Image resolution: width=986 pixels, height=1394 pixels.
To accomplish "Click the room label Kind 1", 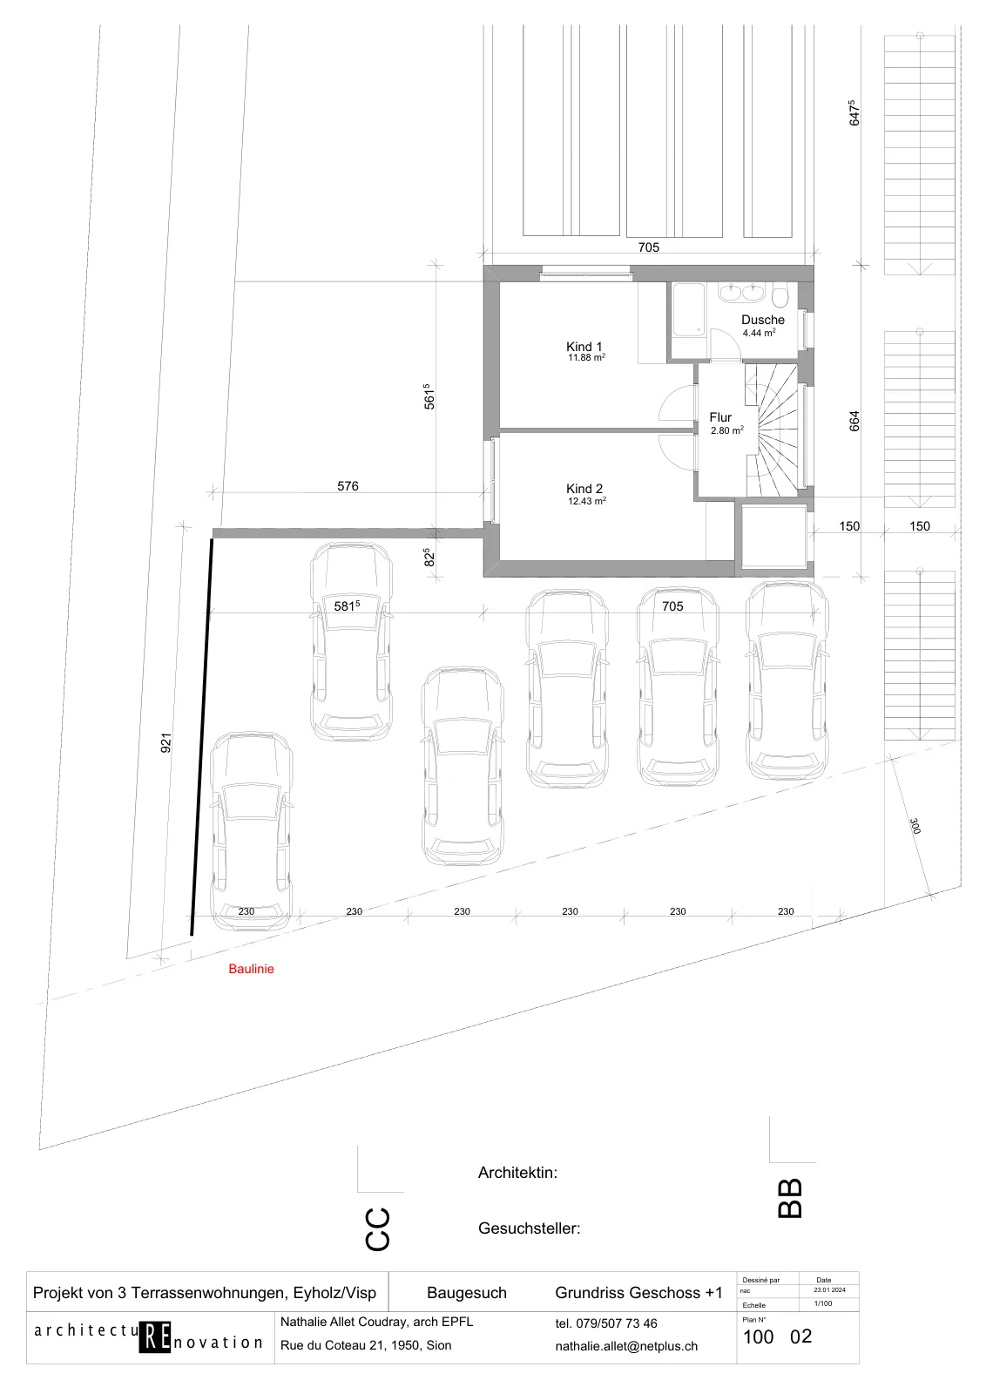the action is (584, 347).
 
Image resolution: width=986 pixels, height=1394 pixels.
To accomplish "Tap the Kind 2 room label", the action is (584, 489).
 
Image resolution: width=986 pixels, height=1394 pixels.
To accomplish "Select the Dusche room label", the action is (763, 319).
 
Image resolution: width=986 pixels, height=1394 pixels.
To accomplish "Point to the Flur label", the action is (720, 417).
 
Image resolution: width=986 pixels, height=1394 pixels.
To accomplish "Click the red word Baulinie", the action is (251, 968).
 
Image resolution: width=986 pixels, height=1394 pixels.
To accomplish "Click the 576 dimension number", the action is (348, 486).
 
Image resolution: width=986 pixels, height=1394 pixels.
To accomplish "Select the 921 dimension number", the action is (166, 743).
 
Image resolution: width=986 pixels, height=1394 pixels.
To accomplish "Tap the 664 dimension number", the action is (854, 422).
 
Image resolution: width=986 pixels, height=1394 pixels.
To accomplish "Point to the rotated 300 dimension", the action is (915, 826).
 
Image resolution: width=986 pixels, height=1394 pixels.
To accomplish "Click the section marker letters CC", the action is (377, 1229).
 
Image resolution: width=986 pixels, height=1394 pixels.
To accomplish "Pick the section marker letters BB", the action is (790, 1199).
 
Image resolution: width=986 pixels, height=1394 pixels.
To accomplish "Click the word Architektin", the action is (517, 1173).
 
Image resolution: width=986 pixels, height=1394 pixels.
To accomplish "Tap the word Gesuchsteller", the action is (529, 1228).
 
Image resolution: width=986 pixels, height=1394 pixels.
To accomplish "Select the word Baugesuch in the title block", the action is (467, 1293).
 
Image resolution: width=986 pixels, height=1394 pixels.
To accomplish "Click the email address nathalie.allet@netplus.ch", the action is (626, 1346).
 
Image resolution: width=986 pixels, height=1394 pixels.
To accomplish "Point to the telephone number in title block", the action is (606, 1323).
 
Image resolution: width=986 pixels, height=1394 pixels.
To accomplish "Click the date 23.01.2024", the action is (829, 1290).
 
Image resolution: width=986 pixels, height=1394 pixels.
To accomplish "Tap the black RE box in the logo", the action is (155, 1336).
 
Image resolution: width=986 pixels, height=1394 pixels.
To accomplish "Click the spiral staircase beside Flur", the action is (772, 430).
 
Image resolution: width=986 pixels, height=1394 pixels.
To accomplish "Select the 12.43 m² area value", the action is (586, 501).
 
